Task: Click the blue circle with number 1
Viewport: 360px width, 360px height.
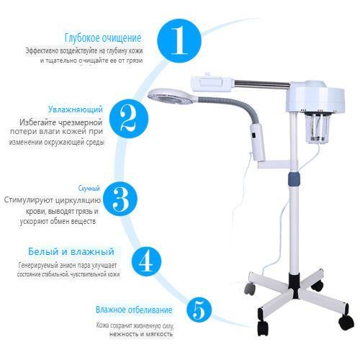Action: [179, 40]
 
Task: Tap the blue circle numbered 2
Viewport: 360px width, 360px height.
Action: [129, 119]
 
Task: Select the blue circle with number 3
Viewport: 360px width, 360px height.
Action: [120, 199]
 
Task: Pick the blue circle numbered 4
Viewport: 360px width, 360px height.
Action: [146, 261]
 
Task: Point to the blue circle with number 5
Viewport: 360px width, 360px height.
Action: [199, 310]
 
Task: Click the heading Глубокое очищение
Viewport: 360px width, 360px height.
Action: [103, 37]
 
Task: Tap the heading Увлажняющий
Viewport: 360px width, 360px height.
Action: [76, 109]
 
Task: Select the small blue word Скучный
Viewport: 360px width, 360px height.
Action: [89, 189]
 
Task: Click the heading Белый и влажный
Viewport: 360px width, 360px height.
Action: [71, 251]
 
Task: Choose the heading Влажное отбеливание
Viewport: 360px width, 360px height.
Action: [134, 310]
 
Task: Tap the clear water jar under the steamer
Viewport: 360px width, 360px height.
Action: [315, 128]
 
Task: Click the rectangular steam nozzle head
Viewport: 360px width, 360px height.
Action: [212, 84]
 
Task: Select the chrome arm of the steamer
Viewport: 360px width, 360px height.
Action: [261, 84]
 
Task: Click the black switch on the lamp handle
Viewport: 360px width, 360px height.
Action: [253, 136]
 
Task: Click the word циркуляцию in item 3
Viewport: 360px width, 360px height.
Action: [78, 200]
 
